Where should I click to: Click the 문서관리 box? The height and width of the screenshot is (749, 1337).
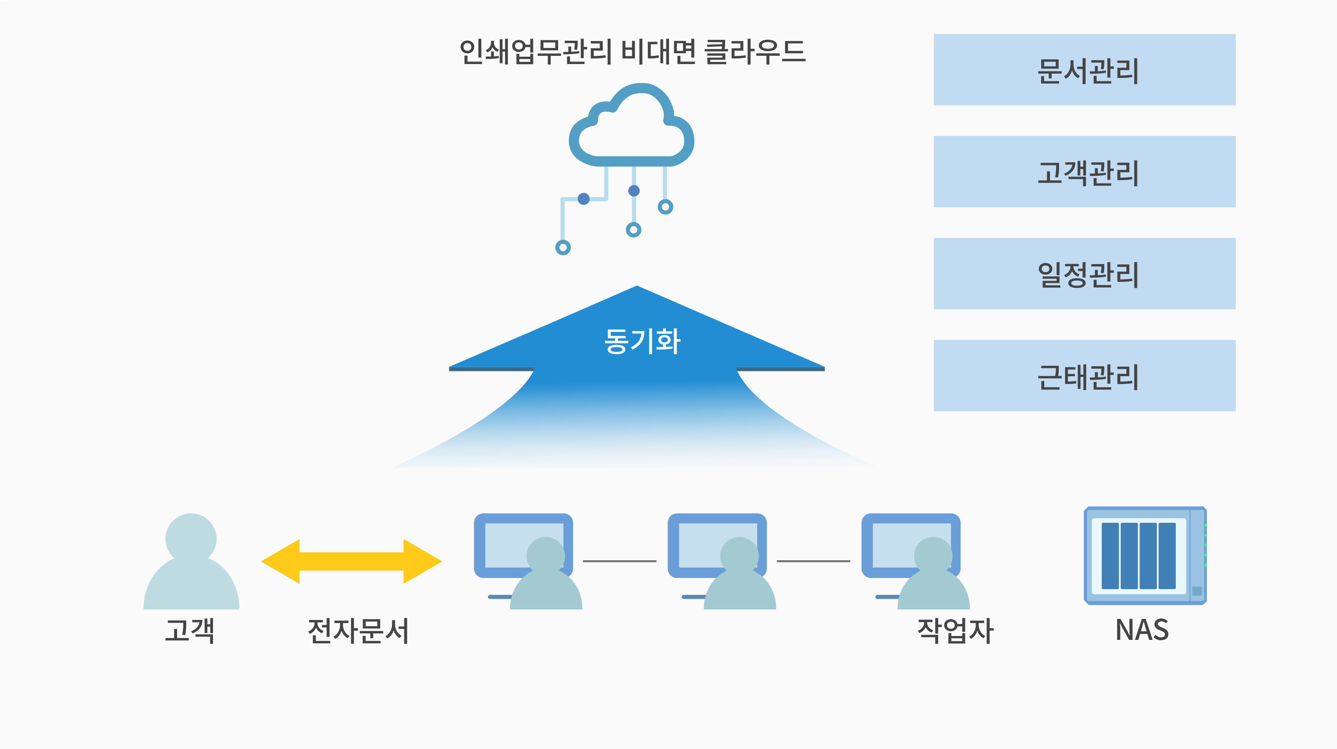[1084, 70]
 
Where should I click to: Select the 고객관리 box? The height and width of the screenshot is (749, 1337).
[1084, 172]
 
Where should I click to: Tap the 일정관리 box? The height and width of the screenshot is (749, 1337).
[1084, 274]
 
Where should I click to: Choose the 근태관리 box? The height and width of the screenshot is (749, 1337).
[1084, 376]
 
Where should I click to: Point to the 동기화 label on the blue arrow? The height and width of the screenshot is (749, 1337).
[642, 341]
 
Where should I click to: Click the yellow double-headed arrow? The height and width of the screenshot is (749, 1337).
[352, 561]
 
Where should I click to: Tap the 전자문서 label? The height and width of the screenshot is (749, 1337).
[358, 631]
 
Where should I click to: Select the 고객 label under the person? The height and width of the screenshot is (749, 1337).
[190, 631]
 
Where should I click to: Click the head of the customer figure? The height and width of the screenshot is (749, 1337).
[191, 538]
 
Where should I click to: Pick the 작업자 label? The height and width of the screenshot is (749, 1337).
[955, 631]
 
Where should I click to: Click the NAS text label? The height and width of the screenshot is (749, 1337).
[1142, 630]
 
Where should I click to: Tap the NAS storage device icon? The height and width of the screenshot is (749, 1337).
[1145, 555]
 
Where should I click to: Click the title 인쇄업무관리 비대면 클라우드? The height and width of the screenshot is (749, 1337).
[633, 52]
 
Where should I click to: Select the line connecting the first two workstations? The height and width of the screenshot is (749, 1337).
[620, 561]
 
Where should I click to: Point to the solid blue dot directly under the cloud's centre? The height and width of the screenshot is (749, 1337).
[634, 190]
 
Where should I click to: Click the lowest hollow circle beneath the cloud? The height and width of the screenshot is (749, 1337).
[562, 248]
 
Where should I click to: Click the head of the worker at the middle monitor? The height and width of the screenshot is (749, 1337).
[739, 555]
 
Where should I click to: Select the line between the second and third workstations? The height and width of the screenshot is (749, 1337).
[813, 561]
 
